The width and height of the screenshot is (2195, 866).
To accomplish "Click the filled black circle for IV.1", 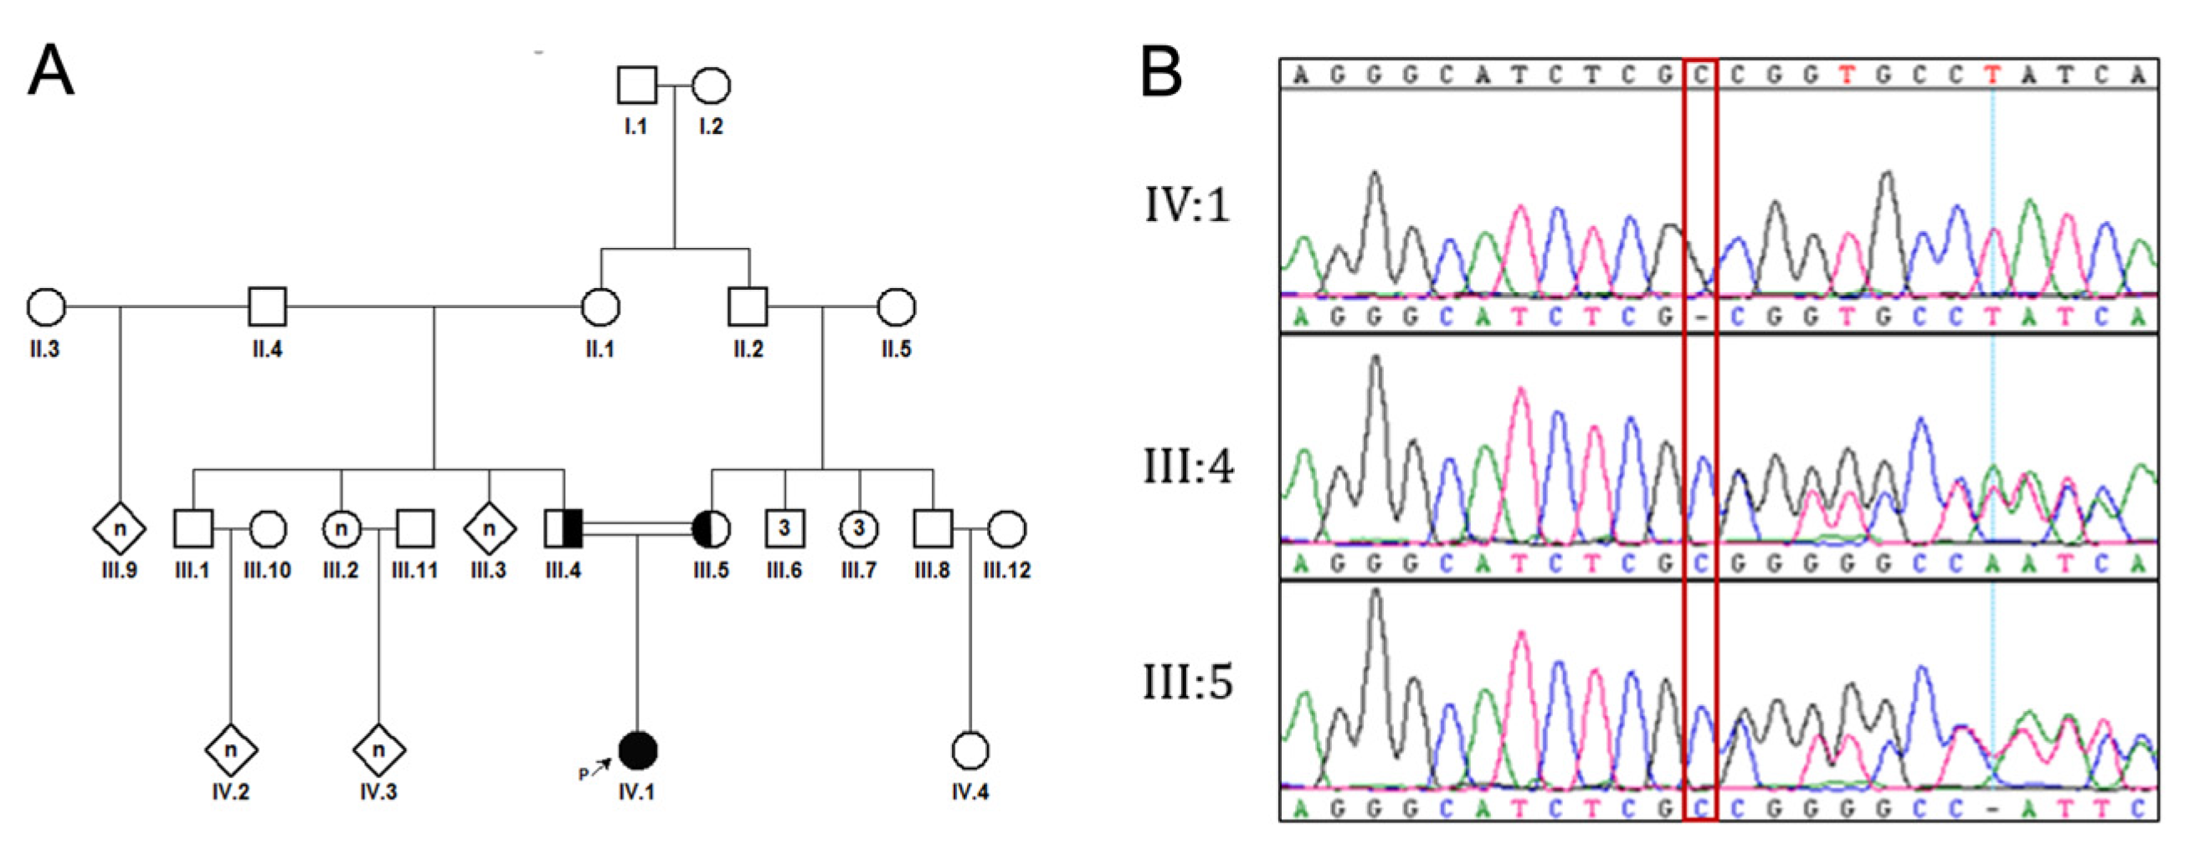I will pos(637,750).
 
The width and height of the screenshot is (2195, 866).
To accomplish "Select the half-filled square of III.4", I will pos(563,528).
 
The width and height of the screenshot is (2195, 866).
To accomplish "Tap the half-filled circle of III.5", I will pos(712,528).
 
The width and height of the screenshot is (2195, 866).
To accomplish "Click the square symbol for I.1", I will pos(636,86).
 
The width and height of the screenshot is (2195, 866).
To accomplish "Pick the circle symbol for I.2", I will pos(711,86).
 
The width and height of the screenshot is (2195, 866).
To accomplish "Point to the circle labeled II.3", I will pos(46,307).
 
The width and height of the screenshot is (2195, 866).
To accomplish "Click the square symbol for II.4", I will pos(268,307).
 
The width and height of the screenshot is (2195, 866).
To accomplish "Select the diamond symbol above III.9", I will pos(119,528).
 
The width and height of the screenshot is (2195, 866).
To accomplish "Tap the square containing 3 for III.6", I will pos(784,528).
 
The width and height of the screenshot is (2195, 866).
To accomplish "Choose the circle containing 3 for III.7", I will pos(859,528).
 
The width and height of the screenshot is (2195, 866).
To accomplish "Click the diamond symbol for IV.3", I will pos(379,750).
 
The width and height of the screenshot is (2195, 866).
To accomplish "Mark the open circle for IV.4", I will pos(969,750).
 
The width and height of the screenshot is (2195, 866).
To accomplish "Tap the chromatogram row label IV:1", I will pos(1187,205).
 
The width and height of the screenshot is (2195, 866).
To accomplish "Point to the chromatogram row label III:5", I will pos(1188,683).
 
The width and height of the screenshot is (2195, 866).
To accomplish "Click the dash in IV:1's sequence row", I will pos(1701,318).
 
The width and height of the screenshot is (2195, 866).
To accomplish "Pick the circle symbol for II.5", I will pos(897,307).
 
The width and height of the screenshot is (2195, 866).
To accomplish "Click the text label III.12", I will pos(1007,570).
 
